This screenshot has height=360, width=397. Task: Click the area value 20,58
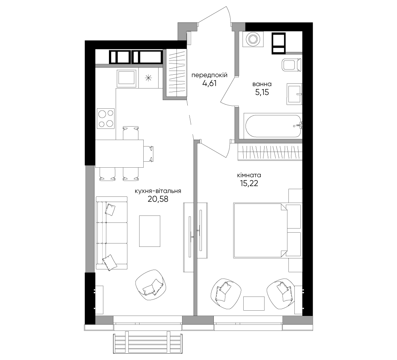click(158, 199)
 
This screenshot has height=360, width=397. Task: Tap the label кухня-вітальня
click(158, 191)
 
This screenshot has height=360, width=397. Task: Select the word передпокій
click(209, 75)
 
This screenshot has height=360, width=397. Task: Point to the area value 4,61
click(209, 83)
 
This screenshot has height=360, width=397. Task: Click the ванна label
click(262, 84)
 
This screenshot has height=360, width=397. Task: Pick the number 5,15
click(262, 92)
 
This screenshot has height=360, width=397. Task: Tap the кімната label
click(249, 175)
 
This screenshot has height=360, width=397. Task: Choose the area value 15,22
click(249, 183)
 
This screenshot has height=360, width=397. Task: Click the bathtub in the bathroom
click(273, 126)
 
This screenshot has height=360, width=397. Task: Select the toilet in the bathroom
click(292, 65)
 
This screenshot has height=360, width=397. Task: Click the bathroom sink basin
click(294, 94)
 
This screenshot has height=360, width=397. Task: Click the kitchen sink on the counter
click(126, 78)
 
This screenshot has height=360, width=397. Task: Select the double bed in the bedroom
click(261, 230)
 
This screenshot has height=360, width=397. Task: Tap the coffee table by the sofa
click(150, 231)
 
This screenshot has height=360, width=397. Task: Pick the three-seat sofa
click(112, 232)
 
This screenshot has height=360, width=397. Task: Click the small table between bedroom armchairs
click(254, 303)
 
